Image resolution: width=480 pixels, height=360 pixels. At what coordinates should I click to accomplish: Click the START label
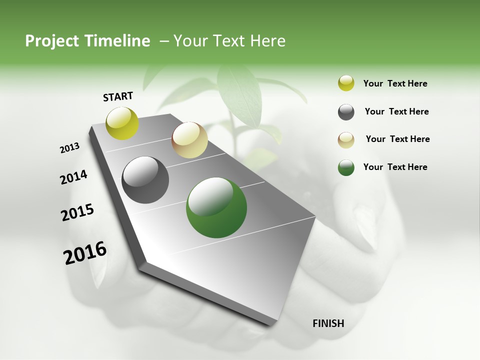pos(118,96)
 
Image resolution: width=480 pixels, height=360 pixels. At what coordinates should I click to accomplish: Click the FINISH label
pos(328,323)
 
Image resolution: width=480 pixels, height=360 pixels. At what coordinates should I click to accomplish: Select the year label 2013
pos(70,148)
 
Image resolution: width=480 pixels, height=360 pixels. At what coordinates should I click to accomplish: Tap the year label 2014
pos(73,177)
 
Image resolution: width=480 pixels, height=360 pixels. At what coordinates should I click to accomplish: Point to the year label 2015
pos(77,212)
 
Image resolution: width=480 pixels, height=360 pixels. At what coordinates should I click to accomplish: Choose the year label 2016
pos(85,252)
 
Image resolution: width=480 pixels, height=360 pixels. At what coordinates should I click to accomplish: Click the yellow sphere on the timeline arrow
pos(122,123)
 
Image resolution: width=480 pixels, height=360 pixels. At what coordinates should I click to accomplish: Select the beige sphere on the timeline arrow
pos(189,140)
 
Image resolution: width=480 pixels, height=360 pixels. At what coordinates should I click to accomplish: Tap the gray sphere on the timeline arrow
pos(145,180)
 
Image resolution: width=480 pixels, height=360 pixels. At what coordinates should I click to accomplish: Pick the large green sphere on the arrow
pos(216,207)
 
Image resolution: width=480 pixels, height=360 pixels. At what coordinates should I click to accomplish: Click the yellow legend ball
pos(346,83)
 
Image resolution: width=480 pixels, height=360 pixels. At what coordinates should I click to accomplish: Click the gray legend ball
pos(346,112)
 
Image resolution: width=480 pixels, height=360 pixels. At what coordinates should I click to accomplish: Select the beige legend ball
pos(346,139)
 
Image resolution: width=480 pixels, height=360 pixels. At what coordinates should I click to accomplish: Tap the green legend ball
pos(346,167)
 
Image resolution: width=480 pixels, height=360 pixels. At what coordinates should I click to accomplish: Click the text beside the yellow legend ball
pos(395,83)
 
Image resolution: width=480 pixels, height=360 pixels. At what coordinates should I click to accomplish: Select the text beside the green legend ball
pos(395,167)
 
